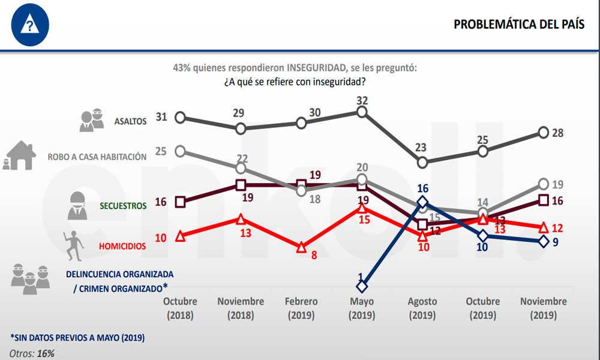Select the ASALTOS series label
pos(131,121)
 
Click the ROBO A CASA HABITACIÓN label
pos(97,157)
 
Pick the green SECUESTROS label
pos(123,205)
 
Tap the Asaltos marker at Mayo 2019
pos(362,112)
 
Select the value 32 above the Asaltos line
pos(362,100)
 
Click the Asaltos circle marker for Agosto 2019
pos(422,162)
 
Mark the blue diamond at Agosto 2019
pos(422,202)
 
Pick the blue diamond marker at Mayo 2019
pos(362,286)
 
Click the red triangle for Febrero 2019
pos(301,247)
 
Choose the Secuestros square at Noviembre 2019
pos(543,200)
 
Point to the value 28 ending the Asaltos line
pos(557,133)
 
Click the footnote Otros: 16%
pos(32,353)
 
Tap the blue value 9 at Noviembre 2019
pos(557,243)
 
